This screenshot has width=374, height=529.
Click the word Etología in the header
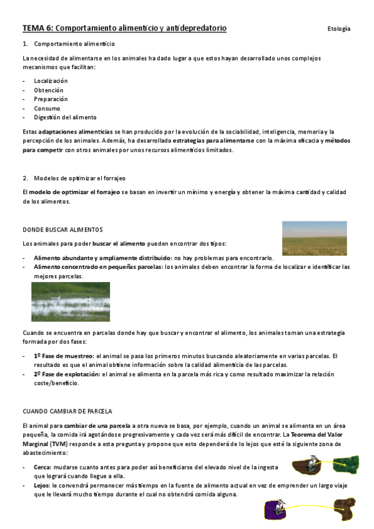(338, 29)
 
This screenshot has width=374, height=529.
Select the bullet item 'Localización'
(51, 81)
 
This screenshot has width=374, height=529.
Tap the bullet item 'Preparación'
(51, 99)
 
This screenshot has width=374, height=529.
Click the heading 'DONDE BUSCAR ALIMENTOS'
(62, 230)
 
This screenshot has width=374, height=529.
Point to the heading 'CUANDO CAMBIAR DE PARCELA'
(67, 412)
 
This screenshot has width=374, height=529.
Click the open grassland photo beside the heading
(314, 238)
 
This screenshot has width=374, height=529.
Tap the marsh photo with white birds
(71, 301)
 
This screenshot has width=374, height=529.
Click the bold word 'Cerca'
(42, 466)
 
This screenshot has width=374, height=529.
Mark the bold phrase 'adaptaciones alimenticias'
(75, 132)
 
